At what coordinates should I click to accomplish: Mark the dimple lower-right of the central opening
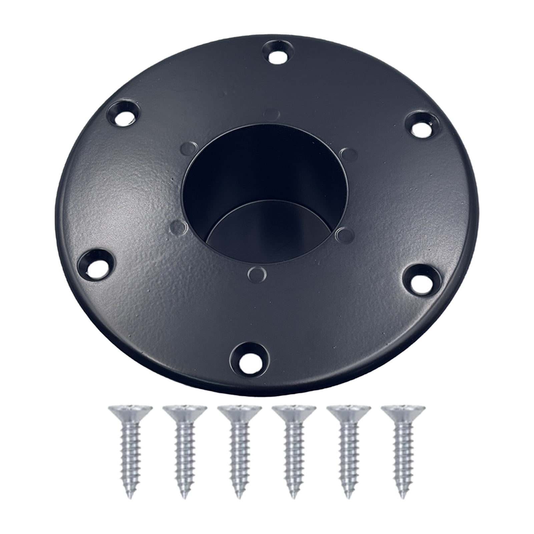tap(344, 234)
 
